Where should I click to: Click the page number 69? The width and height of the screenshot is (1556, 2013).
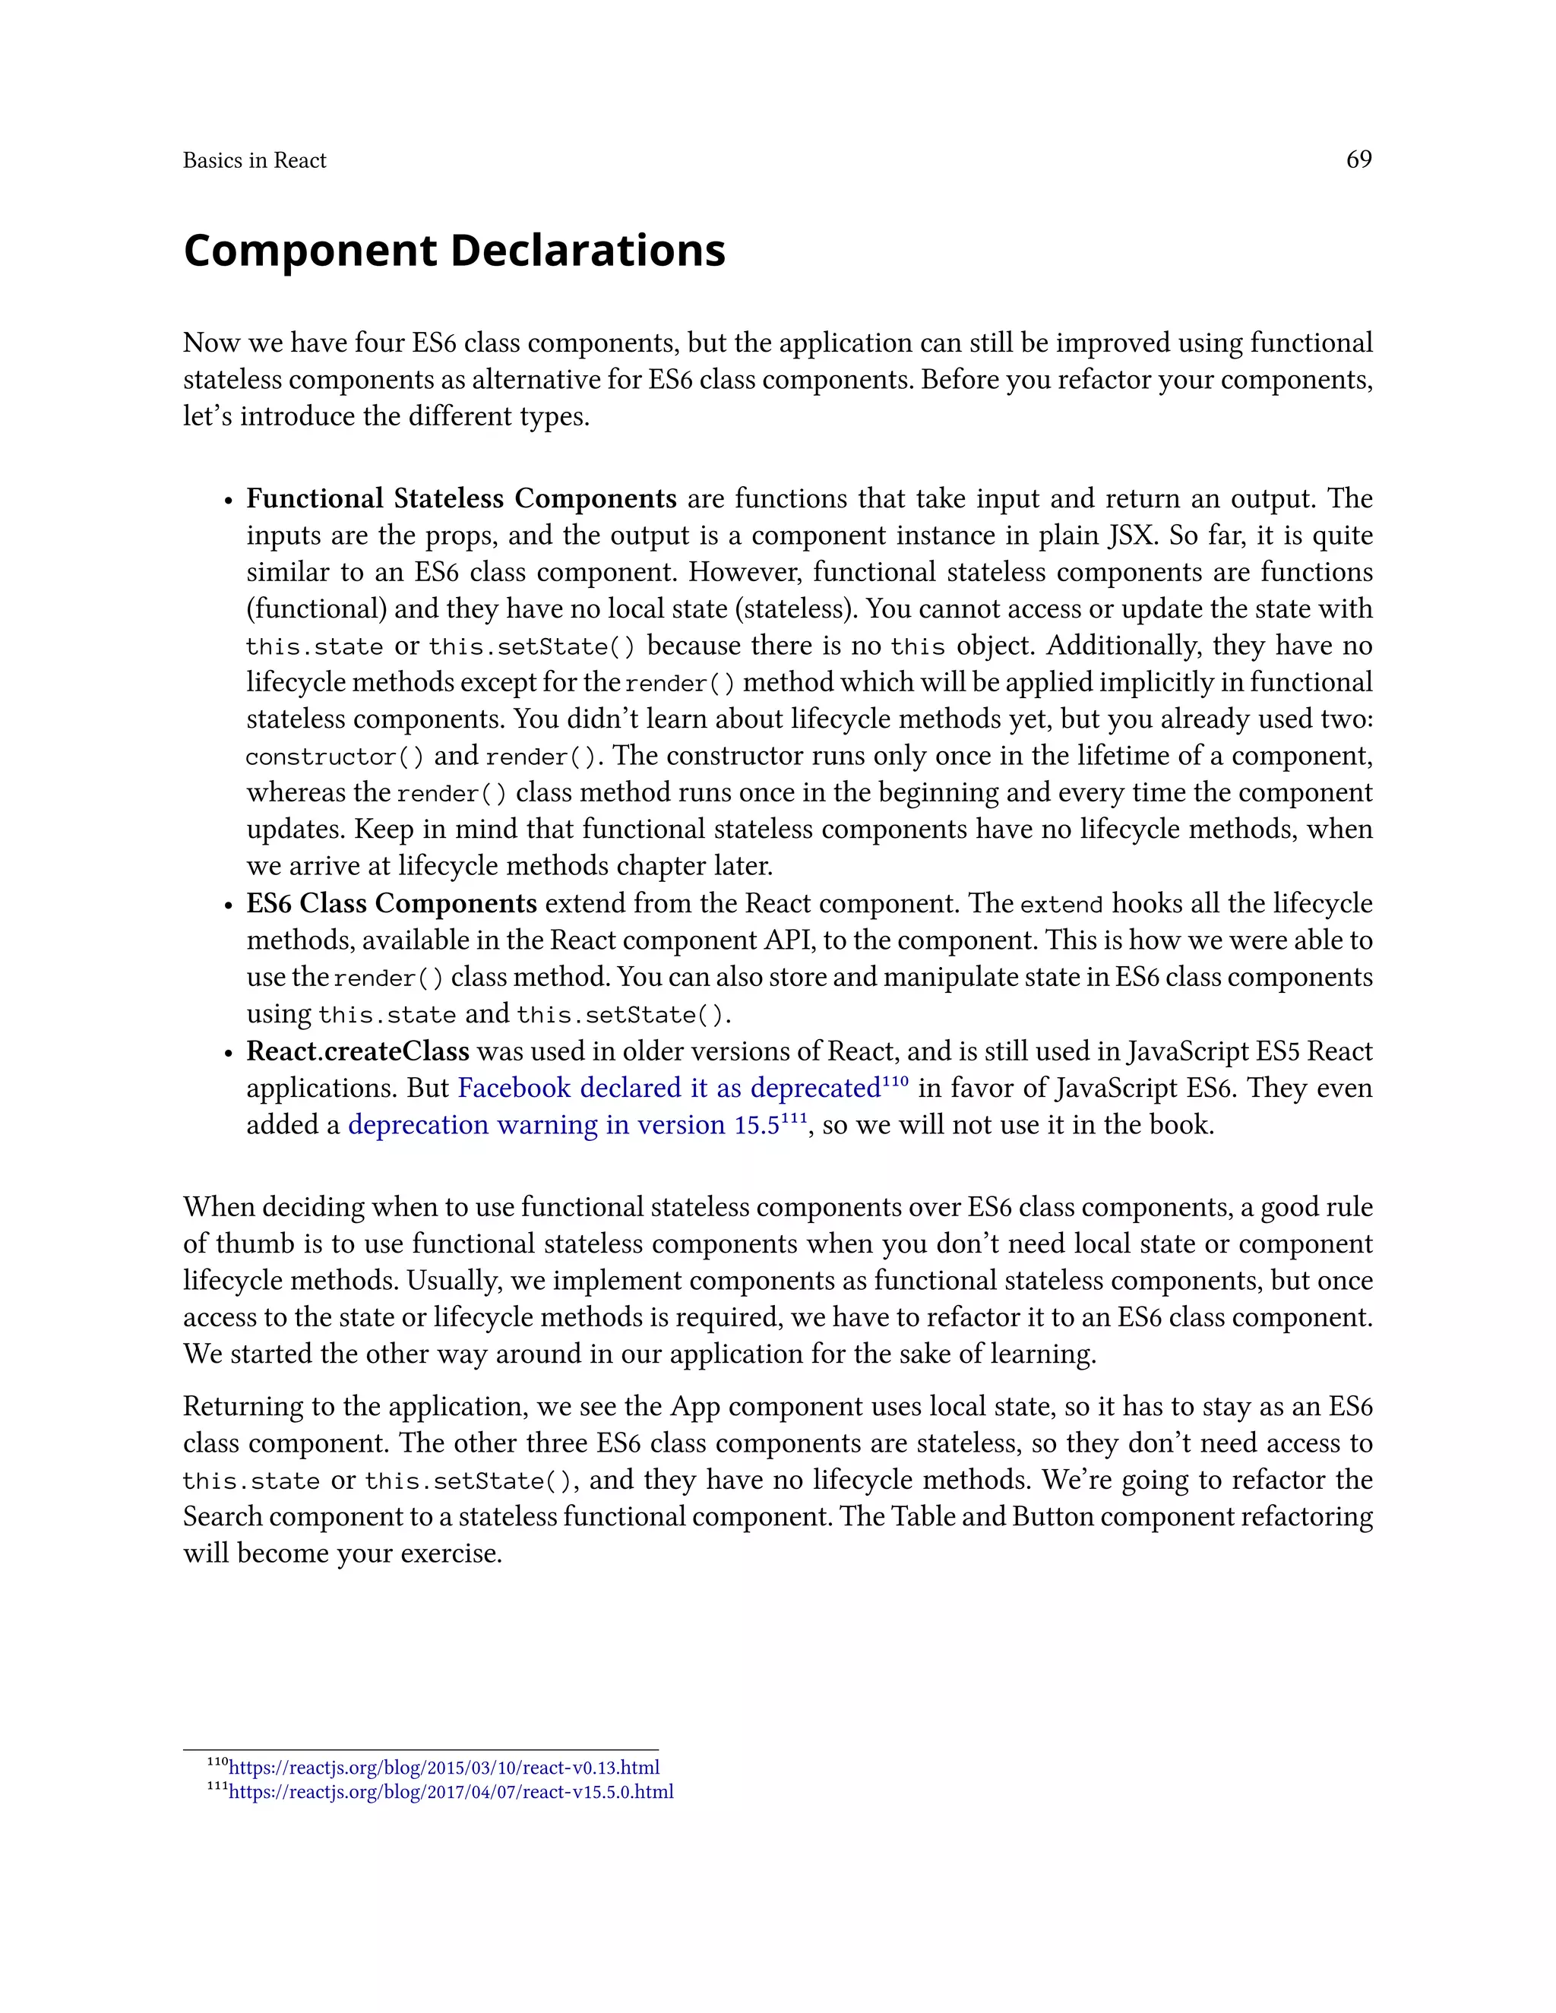(1358, 160)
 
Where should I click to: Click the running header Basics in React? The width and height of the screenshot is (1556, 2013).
(255, 160)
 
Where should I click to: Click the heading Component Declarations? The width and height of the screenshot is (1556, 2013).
(454, 251)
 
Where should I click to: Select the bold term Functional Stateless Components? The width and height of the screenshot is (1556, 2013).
(461, 498)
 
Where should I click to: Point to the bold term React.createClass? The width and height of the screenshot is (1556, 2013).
(358, 1051)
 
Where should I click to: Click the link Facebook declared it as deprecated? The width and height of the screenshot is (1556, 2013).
(669, 1089)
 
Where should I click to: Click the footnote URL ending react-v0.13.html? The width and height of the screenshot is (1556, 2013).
(444, 1768)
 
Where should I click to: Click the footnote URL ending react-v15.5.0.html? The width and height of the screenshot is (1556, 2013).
(451, 1792)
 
